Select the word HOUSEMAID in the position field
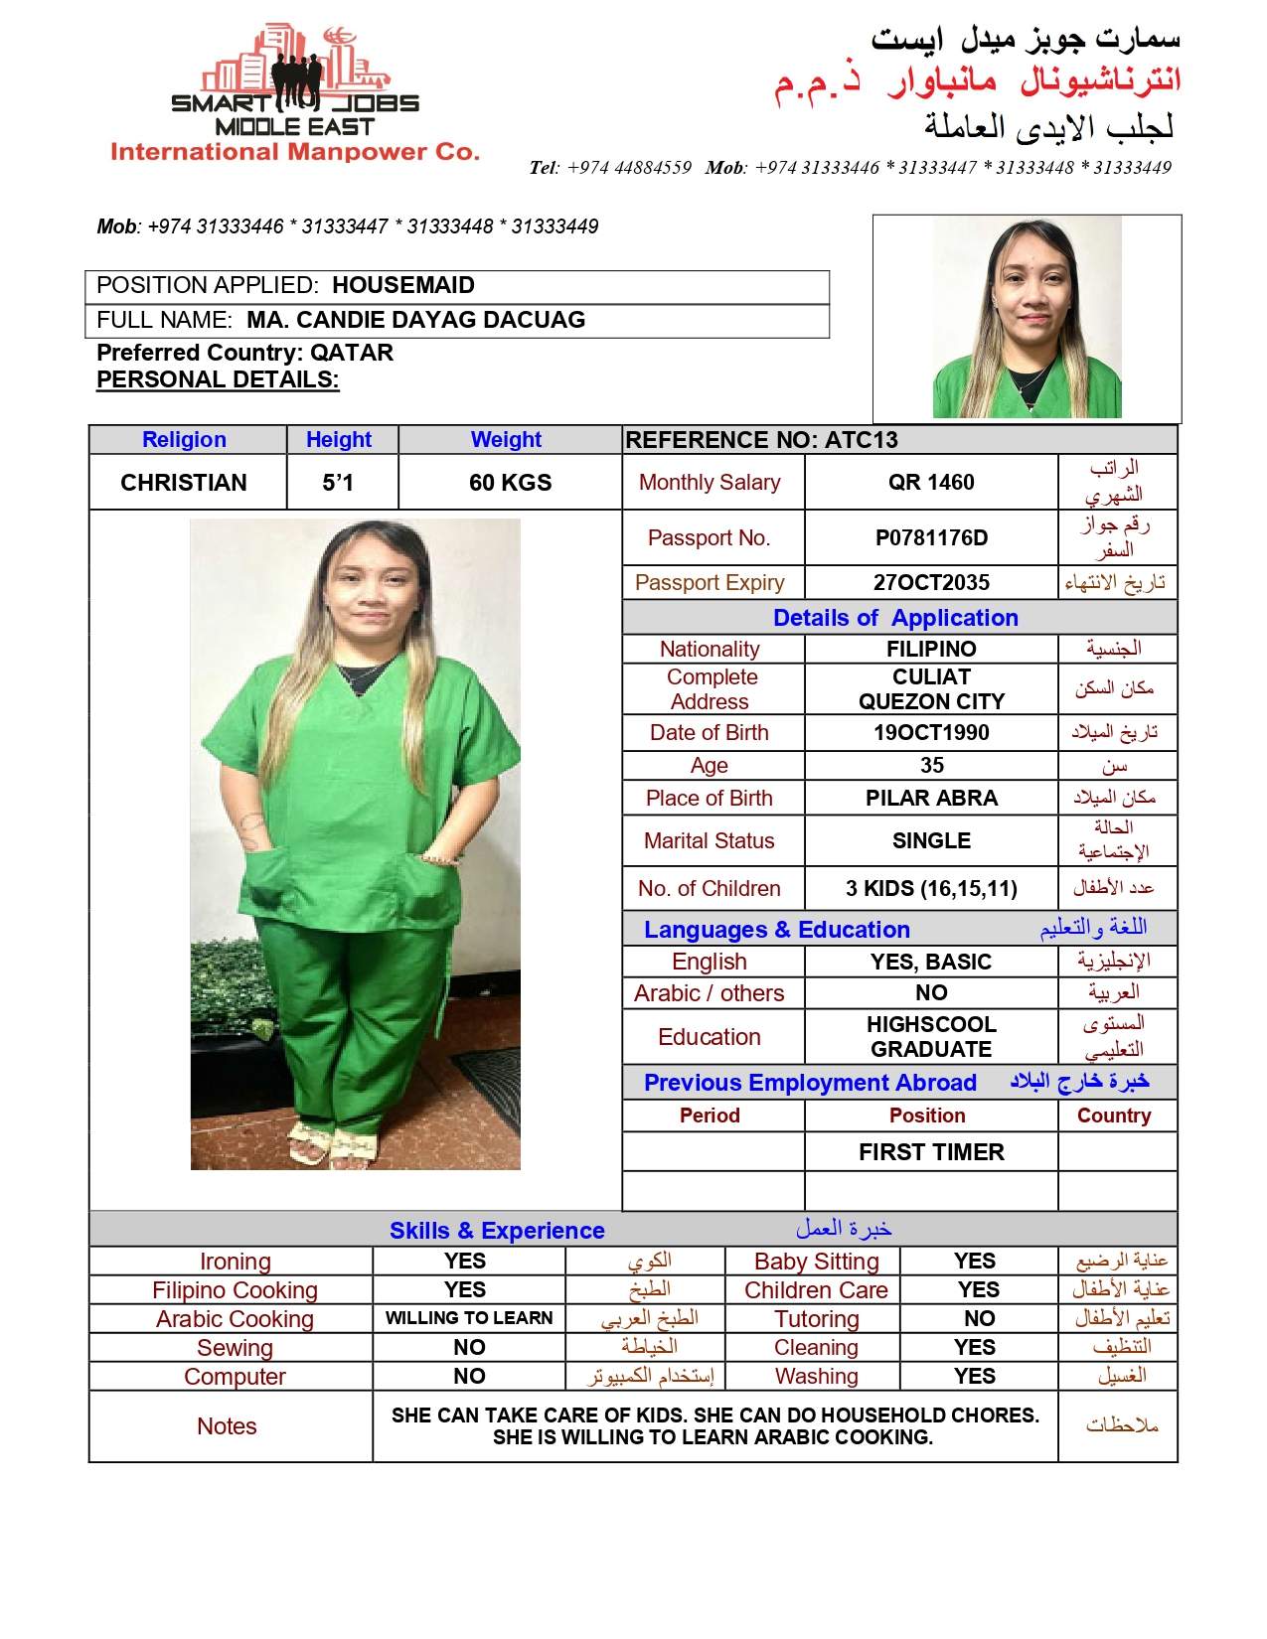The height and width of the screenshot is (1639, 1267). click(402, 286)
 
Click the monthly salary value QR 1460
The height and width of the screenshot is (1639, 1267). click(931, 483)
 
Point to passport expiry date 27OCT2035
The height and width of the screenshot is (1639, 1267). click(931, 583)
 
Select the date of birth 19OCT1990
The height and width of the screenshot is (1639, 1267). click(931, 733)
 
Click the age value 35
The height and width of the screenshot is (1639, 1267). click(931, 766)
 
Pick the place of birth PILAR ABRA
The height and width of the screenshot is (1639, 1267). click(931, 799)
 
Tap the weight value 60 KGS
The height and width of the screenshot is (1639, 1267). click(510, 483)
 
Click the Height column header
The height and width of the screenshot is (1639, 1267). click(339, 440)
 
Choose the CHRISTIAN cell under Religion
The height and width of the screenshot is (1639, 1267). click(184, 483)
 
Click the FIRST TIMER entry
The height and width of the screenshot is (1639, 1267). click(931, 1152)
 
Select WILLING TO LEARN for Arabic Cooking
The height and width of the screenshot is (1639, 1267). click(469, 1318)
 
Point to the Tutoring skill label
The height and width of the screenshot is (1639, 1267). click(816, 1319)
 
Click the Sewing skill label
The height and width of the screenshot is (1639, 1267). click(235, 1348)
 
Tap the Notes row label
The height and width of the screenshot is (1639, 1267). click(227, 1426)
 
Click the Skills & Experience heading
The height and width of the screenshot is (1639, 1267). click(497, 1231)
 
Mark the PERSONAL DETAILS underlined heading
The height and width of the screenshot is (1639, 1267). click(218, 379)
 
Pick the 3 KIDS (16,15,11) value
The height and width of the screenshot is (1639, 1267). click(931, 889)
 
